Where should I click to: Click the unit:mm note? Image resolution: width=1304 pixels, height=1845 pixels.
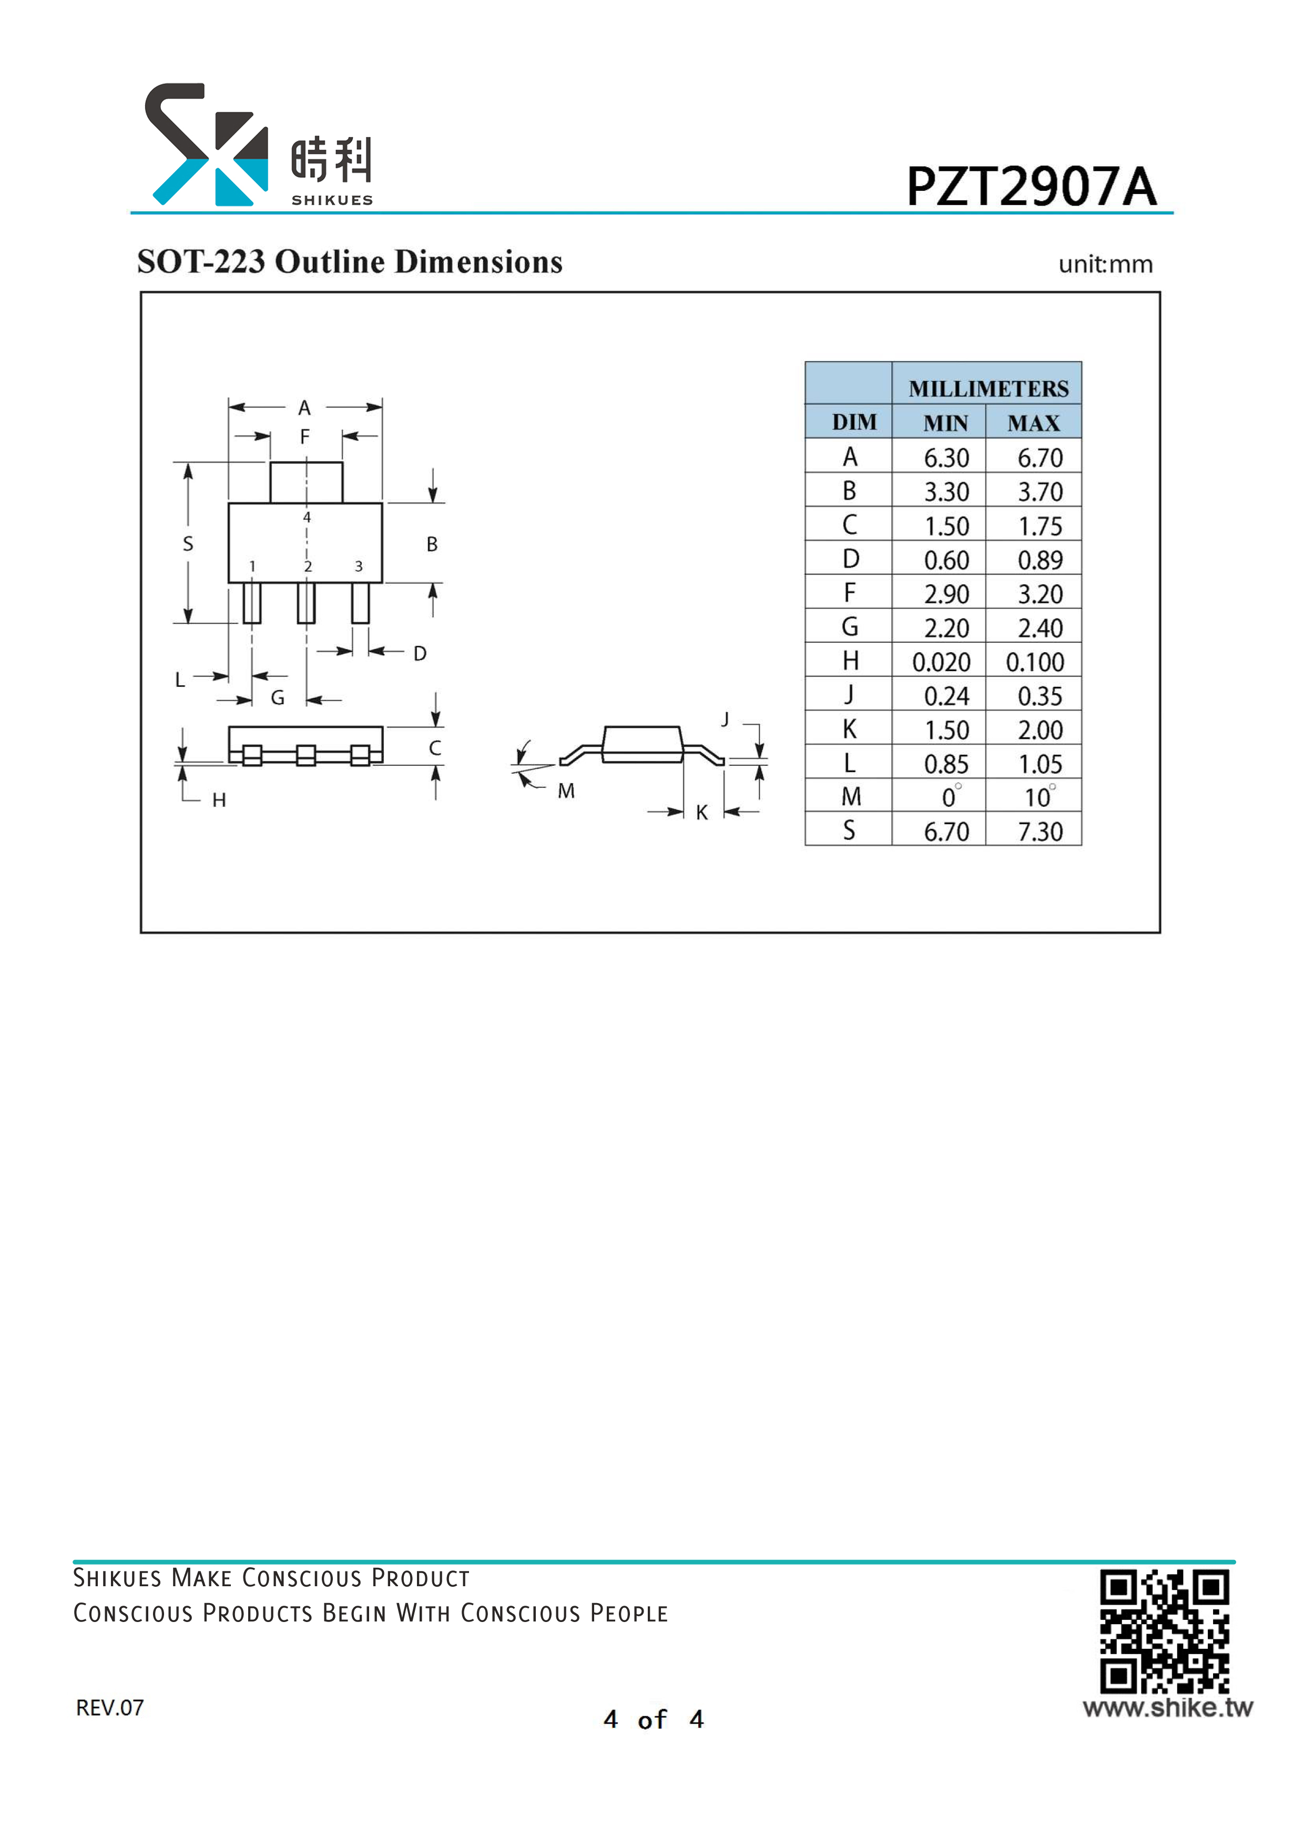(x=1106, y=265)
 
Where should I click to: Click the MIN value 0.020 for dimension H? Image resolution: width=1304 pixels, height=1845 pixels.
(x=941, y=661)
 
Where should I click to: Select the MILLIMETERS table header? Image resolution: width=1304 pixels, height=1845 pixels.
(x=988, y=389)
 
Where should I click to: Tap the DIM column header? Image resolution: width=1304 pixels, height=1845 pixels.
(x=854, y=422)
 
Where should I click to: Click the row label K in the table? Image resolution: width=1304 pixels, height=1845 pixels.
(x=849, y=729)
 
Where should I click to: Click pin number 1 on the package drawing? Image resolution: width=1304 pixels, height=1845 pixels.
(x=252, y=566)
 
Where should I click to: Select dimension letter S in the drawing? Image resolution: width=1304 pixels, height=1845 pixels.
(x=188, y=543)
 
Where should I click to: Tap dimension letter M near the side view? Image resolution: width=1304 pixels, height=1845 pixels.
(x=566, y=790)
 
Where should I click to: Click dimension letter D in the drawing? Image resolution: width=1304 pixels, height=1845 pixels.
(x=420, y=653)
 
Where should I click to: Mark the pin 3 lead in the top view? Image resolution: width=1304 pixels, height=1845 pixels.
(x=361, y=603)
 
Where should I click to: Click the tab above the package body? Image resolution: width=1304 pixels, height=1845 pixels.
(x=306, y=482)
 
